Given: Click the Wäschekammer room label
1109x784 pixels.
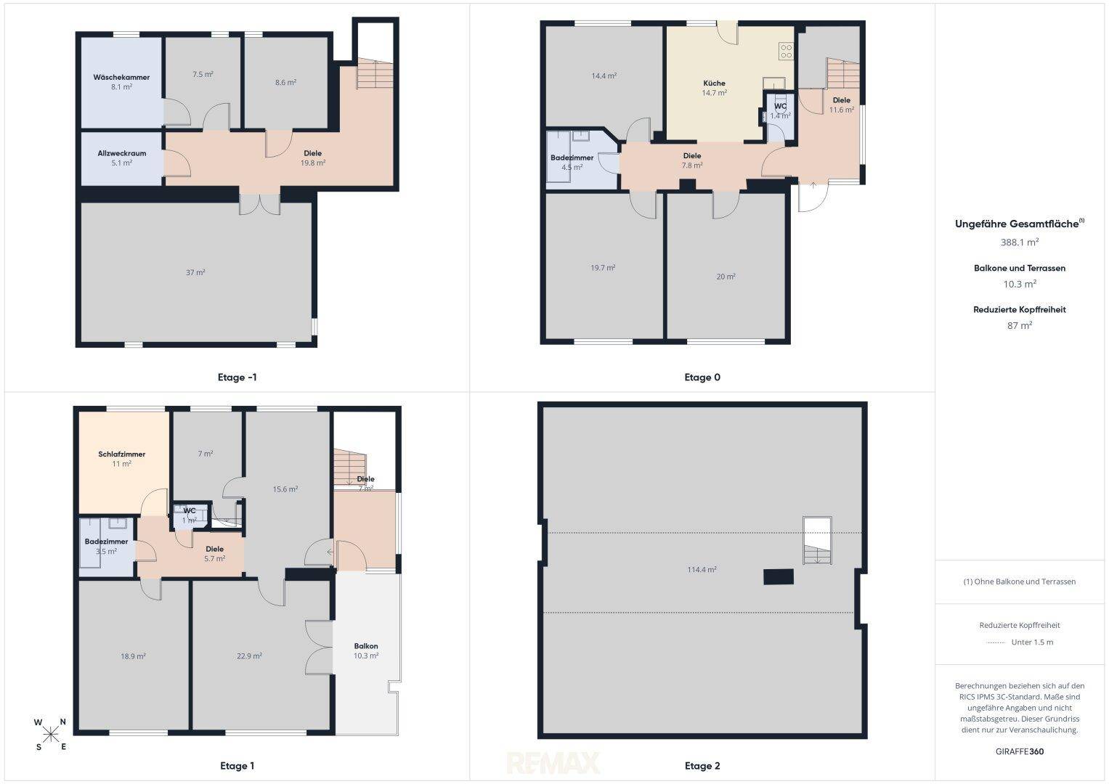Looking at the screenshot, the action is pos(121,77).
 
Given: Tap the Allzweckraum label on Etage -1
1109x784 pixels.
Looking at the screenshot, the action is pos(122,153).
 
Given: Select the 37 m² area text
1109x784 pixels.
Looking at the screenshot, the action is pos(195,272).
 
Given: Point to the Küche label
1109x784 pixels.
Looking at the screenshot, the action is pos(714,83).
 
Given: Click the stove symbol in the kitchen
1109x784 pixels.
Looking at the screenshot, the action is pos(787,51).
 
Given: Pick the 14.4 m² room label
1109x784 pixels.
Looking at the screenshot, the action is pos(604,75).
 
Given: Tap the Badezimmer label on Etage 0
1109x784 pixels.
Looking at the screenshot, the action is pos(572,158).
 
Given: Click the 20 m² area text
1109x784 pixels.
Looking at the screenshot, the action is pos(726,277).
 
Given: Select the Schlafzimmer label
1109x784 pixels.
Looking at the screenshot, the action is pos(122,454).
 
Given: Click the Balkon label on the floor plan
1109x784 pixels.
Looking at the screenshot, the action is pos(366,646).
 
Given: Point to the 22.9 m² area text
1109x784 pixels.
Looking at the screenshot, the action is pos(250,656).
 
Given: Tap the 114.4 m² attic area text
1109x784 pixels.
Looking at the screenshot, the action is pos(702,570).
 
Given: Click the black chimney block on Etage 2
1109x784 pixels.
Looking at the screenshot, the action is pos(779,577).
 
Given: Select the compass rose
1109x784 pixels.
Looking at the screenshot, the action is pos(51,735).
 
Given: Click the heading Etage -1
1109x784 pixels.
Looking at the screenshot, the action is pos(237,377).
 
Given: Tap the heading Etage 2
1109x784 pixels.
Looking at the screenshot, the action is pos(702,766).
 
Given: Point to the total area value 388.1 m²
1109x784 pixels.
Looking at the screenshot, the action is pos(1020,242).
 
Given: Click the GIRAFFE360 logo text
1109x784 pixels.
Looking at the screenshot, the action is pos(1020,751).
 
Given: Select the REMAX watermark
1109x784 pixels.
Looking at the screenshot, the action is pos(553,763).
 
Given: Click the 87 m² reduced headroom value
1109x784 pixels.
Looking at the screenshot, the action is pos(1020,325).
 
